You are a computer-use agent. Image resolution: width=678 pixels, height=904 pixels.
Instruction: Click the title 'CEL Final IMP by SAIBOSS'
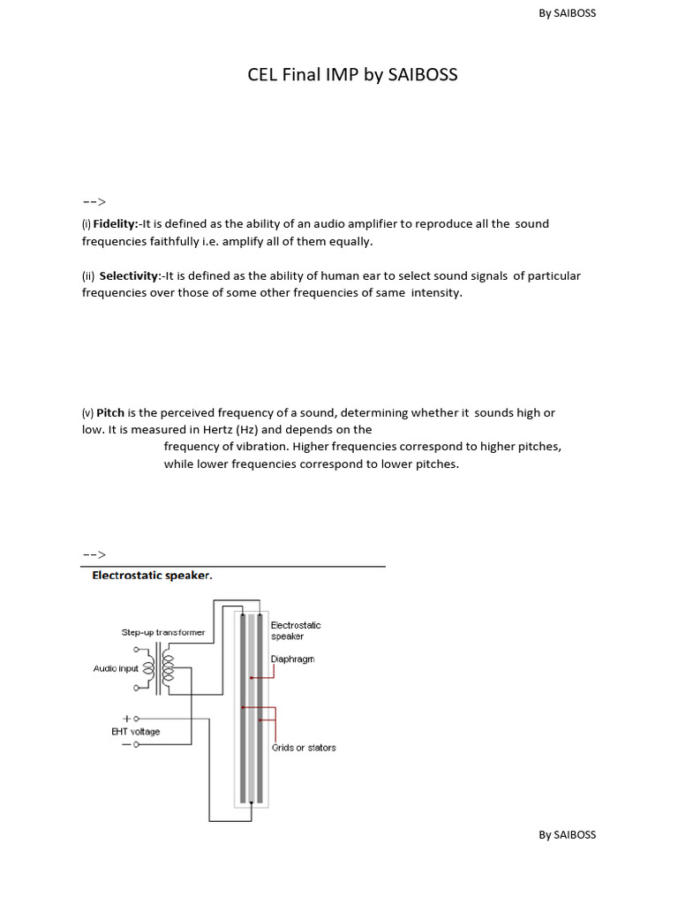click(x=352, y=75)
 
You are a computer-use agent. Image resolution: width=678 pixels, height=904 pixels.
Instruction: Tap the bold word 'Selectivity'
click(x=129, y=276)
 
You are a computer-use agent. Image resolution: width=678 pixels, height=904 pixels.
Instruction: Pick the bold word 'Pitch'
click(x=109, y=413)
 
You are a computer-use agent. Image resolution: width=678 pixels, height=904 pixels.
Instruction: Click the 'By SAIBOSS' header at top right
click(x=567, y=13)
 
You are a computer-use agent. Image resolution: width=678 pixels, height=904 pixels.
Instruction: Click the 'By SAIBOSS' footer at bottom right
click(x=567, y=834)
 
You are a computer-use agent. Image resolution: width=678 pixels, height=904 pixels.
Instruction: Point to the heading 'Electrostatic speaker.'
click(x=153, y=576)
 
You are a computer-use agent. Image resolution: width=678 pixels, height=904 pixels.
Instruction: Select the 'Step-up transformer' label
click(x=163, y=632)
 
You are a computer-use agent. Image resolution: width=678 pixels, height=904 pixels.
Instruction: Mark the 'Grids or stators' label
click(x=304, y=748)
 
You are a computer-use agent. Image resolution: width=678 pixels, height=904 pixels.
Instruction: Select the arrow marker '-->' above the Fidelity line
click(x=94, y=201)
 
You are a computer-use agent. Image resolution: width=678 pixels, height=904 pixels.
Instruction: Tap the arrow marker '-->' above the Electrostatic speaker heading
click(x=94, y=554)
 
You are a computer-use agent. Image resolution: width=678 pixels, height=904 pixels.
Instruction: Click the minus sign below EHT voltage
click(x=126, y=745)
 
